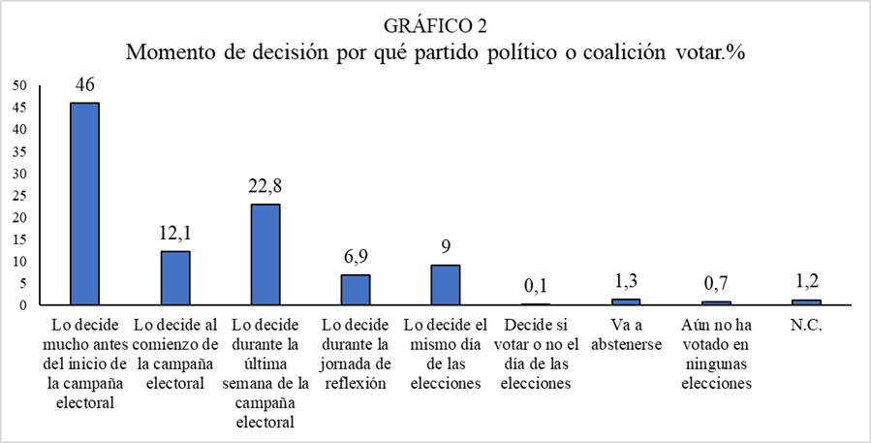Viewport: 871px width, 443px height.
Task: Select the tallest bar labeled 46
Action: (84, 204)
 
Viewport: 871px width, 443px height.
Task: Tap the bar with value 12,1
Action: (174, 278)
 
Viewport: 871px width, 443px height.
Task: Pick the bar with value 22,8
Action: (264, 255)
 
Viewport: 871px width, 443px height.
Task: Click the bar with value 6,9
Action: (355, 290)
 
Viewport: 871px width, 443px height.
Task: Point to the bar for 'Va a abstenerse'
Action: (626, 302)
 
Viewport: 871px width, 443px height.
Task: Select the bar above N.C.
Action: (806, 302)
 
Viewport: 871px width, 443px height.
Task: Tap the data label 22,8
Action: (264, 186)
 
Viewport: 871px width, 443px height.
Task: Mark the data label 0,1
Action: (536, 287)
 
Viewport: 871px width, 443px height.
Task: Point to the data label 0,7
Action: (716, 284)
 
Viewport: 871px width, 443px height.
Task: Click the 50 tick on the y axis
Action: (19, 85)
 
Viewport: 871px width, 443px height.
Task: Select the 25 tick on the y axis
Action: (19, 196)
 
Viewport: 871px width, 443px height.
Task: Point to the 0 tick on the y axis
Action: (22, 305)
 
